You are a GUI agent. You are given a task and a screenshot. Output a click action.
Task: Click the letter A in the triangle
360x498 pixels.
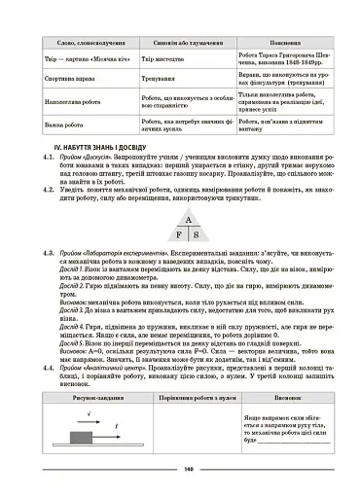pos(181,219)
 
